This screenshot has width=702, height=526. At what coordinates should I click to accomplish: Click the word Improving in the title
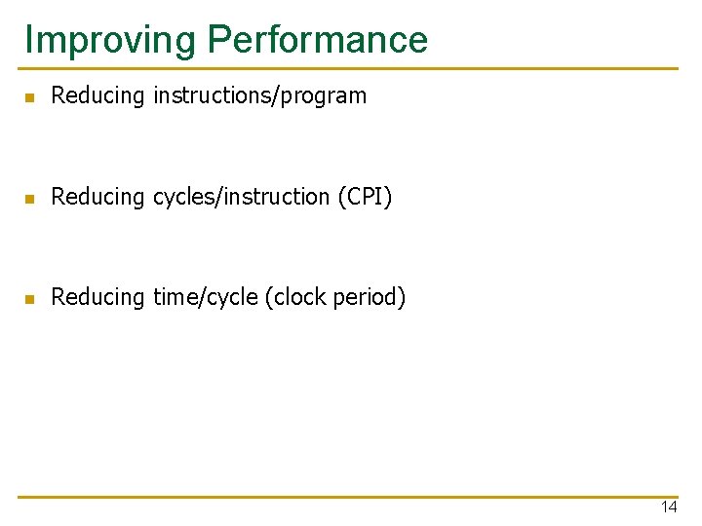110,41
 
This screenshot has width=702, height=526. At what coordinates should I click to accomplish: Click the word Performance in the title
318,39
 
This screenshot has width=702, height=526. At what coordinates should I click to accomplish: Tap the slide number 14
669,507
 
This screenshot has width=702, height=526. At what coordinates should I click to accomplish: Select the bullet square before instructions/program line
30,97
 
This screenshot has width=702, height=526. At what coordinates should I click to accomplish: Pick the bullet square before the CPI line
30,198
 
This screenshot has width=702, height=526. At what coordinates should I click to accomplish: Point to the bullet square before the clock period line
30,299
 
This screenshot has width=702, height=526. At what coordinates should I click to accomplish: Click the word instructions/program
259,96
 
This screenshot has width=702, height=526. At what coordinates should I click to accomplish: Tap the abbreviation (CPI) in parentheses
365,197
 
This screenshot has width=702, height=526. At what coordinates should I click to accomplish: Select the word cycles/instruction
242,197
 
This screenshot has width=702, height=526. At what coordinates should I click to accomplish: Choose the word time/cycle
206,297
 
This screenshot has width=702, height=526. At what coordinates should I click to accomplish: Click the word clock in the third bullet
300,297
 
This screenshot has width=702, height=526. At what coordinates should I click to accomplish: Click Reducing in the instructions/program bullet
97,96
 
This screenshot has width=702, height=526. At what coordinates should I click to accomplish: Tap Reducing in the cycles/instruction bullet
97,197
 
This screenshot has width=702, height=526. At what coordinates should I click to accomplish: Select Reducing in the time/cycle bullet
97,297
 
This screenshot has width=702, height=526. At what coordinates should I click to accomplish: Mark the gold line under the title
348,68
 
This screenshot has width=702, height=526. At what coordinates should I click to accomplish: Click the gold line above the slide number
348,497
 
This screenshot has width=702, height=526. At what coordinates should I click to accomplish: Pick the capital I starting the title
29,39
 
